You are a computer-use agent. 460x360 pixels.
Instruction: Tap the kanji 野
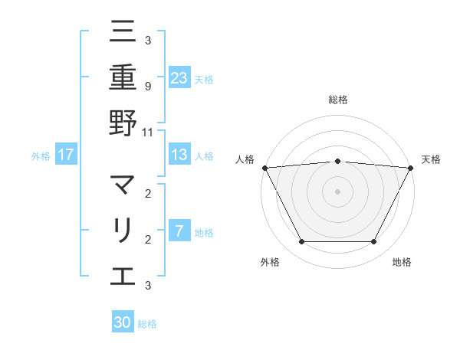point(123,123)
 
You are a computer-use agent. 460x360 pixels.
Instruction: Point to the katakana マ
point(123,185)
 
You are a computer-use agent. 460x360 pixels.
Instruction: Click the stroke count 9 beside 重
point(147,86)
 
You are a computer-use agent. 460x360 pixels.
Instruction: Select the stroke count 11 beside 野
point(148,132)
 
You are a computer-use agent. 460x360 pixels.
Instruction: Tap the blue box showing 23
point(179,78)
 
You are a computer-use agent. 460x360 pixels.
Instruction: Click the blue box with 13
point(179,155)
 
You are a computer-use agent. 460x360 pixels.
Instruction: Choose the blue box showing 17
point(66,155)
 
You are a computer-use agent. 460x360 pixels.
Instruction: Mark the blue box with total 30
point(123,322)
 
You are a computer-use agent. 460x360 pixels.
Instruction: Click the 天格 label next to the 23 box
point(204,79)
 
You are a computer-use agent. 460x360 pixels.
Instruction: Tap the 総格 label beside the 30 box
point(147,324)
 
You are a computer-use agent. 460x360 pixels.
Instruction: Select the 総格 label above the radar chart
point(337,100)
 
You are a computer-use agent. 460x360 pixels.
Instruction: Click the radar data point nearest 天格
point(411,167)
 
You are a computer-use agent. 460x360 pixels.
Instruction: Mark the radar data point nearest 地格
point(374,242)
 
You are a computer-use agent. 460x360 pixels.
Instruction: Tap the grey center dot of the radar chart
point(337,191)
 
